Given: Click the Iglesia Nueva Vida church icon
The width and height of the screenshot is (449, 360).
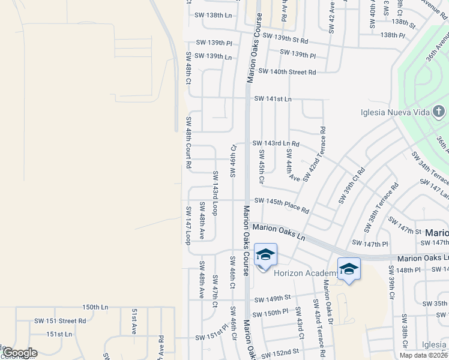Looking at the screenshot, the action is click(x=439, y=112).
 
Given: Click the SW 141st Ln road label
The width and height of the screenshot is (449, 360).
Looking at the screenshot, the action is click(x=273, y=98).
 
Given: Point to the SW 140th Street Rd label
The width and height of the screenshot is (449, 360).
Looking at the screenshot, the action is click(x=287, y=72).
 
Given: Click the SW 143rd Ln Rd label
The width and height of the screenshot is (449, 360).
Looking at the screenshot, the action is click(x=276, y=143).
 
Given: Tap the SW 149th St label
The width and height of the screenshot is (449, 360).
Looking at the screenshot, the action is click(x=272, y=298).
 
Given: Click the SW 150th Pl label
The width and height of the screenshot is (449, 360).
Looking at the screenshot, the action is click(x=271, y=314).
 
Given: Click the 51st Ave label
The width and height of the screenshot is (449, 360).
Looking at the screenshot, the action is click(x=134, y=322).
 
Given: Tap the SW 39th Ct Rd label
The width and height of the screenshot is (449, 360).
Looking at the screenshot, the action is click(x=351, y=186).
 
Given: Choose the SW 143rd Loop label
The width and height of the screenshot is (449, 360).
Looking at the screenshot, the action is click(x=215, y=193).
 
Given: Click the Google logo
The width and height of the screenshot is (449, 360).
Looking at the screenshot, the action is click(x=20, y=353).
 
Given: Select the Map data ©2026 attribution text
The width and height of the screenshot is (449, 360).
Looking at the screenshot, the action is click(x=423, y=355).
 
